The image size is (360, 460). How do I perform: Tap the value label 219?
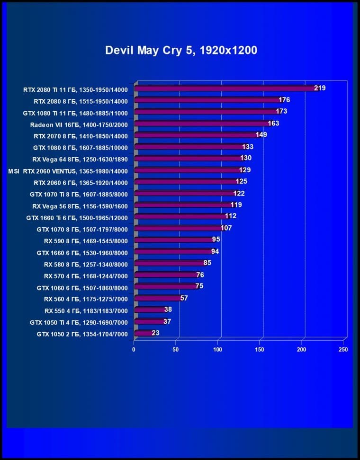[320, 88]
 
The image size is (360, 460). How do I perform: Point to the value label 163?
[273, 124]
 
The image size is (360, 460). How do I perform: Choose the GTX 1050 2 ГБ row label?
[82, 334]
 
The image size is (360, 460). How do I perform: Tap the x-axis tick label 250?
[343, 350]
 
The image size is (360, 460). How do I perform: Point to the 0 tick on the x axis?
[134, 350]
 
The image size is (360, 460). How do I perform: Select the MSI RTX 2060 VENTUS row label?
[68, 170]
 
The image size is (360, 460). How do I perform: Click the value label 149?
[261, 135]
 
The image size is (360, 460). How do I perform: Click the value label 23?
[155, 333]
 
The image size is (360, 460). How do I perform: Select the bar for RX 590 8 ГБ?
[173, 240]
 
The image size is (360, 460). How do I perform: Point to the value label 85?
[207, 263]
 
